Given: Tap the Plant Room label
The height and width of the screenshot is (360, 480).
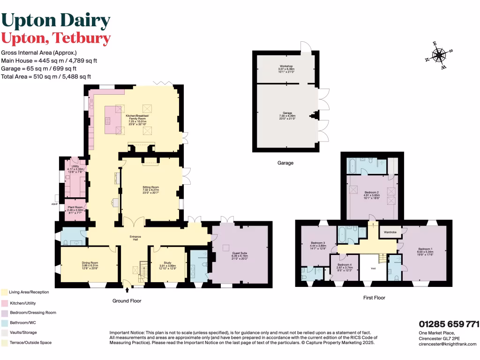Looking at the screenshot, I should click(75, 210).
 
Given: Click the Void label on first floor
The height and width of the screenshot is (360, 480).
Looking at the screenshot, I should click(373, 269).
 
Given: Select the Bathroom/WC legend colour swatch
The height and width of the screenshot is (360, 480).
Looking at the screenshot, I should click(4, 322).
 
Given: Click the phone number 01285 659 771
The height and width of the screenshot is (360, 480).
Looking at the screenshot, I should click(449, 324).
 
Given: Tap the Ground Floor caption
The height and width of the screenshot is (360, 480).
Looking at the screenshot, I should click(127, 301).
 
